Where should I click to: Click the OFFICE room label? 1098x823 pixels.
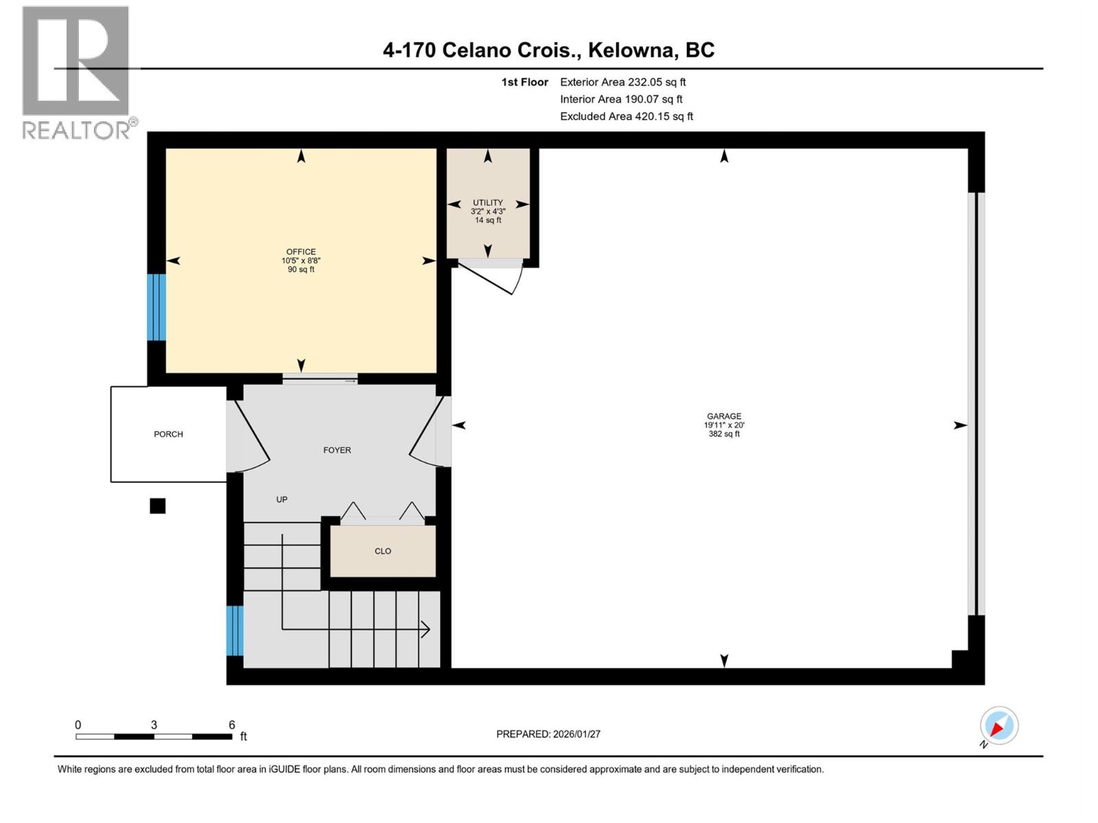click(x=301, y=252)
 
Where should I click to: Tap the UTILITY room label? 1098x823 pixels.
click(x=487, y=202)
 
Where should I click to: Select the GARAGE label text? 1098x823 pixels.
click(x=724, y=416)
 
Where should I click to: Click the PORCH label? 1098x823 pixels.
click(x=168, y=434)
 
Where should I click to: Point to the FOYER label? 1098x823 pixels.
click(x=337, y=451)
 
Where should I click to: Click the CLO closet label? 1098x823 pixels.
click(x=383, y=551)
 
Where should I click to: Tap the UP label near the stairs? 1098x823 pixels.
click(x=281, y=500)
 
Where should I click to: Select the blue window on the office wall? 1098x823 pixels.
click(x=156, y=307)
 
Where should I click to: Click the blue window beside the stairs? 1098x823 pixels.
click(x=235, y=630)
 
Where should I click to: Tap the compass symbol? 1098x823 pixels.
click(x=998, y=726)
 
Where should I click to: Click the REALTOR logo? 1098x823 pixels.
click(x=76, y=72)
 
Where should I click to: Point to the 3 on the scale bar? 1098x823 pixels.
click(x=154, y=725)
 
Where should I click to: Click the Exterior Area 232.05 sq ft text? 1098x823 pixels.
click(x=622, y=82)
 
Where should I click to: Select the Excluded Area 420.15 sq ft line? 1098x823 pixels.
click(x=626, y=117)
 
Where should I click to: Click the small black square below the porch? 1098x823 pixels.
click(x=158, y=506)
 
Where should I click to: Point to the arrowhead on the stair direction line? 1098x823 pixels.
click(x=425, y=629)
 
